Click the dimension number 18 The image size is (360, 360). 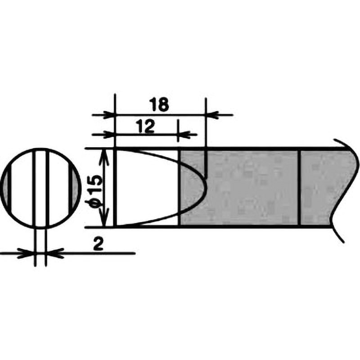pyautogui.click(x=159, y=104)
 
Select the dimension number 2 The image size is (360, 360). pyautogui.click(x=98, y=244)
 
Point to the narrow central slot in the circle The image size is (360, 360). pyautogui.click(x=41, y=188)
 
